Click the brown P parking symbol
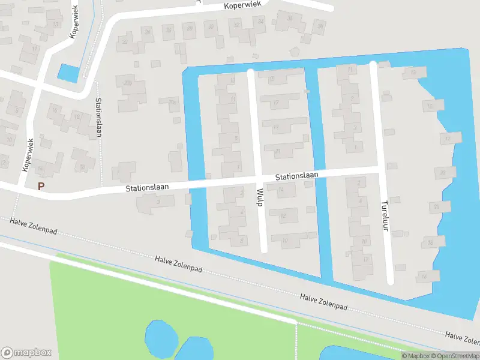pyautogui.click(x=41, y=187)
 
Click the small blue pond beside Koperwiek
pyautogui.click(x=68, y=73)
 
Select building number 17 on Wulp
pyautogui.click(x=275, y=103)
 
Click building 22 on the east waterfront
pyautogui.click(x=443, y=173)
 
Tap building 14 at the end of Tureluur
pyautogui.click(x=424, y=277)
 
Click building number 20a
pyautogui.click(x=127, y=83)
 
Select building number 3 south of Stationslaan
pyautogui.click(x=157, y=202)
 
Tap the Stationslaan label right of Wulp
pyautogui.click(x=296, y=176)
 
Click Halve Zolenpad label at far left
pyautogui.click(x=32, y=230)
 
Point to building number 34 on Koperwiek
pyautogui.click(x=260, y=22)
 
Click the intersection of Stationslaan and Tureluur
pyautogui.click(x=380, y=170)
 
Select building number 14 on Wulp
pyautogui.click(x=280, y=190)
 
